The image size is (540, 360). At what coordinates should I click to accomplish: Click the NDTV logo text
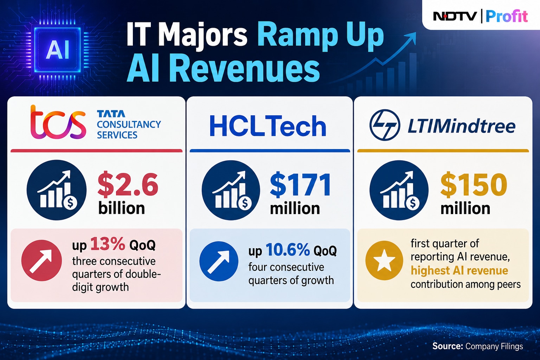(455, 17)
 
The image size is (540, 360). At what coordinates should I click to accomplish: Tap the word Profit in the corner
(507, 17)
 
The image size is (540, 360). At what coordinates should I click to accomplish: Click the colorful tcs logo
(58, 122)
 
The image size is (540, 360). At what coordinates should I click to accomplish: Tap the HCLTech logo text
(268, 126)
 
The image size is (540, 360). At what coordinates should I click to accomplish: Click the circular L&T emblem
(385, 125)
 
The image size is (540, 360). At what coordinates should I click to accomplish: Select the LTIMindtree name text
(461, 126)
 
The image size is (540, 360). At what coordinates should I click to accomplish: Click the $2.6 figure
(128, 185)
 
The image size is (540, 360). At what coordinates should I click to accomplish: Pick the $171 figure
(300, 185)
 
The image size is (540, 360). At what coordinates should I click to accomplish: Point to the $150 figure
(474, 185)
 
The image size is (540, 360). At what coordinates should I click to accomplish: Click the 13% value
(108, 244)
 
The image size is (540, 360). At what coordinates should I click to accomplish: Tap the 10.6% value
(288, 250)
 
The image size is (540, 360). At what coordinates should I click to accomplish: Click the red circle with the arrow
(41, 261)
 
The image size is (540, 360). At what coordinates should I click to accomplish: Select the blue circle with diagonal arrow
(219, 261)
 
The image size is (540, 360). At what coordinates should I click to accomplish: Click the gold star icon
(384, 261)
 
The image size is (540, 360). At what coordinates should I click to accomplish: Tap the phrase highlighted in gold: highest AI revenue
(459, 270)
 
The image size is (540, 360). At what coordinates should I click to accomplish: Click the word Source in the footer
(448, 346)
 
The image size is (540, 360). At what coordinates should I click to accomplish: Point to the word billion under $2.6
(122, 208)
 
